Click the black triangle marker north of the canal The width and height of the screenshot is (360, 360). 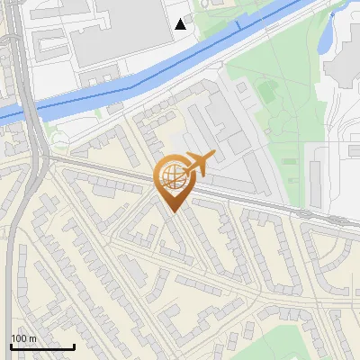(x=181, y=24)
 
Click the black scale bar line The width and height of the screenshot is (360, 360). (x=42, y=346)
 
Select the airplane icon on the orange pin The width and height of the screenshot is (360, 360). (x=198, y=163)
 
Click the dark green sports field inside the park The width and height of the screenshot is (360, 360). (x=266, y=90)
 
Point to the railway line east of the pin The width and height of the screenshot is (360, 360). (x=270, y=204)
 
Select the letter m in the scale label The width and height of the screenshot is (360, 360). (x=33, y=338)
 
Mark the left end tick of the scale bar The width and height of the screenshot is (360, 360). (x=11, y=346)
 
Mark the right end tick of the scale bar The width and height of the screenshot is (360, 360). (x=75, y=346)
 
